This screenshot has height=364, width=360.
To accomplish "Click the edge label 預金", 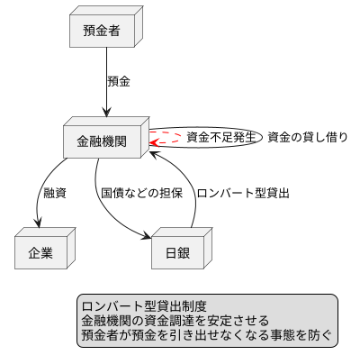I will [119, 81].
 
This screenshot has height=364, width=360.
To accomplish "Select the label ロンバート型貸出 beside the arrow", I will [242, 194].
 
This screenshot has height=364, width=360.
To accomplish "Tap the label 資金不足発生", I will [221, 138].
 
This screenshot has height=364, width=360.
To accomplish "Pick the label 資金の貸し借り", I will [308, 138].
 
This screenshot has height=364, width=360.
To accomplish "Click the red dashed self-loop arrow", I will [167, 139].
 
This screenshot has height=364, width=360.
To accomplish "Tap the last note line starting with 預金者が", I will [206, 334].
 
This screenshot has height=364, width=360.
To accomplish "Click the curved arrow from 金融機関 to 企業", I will [43, 189].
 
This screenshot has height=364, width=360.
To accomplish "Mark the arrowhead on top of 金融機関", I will [106, 113].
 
